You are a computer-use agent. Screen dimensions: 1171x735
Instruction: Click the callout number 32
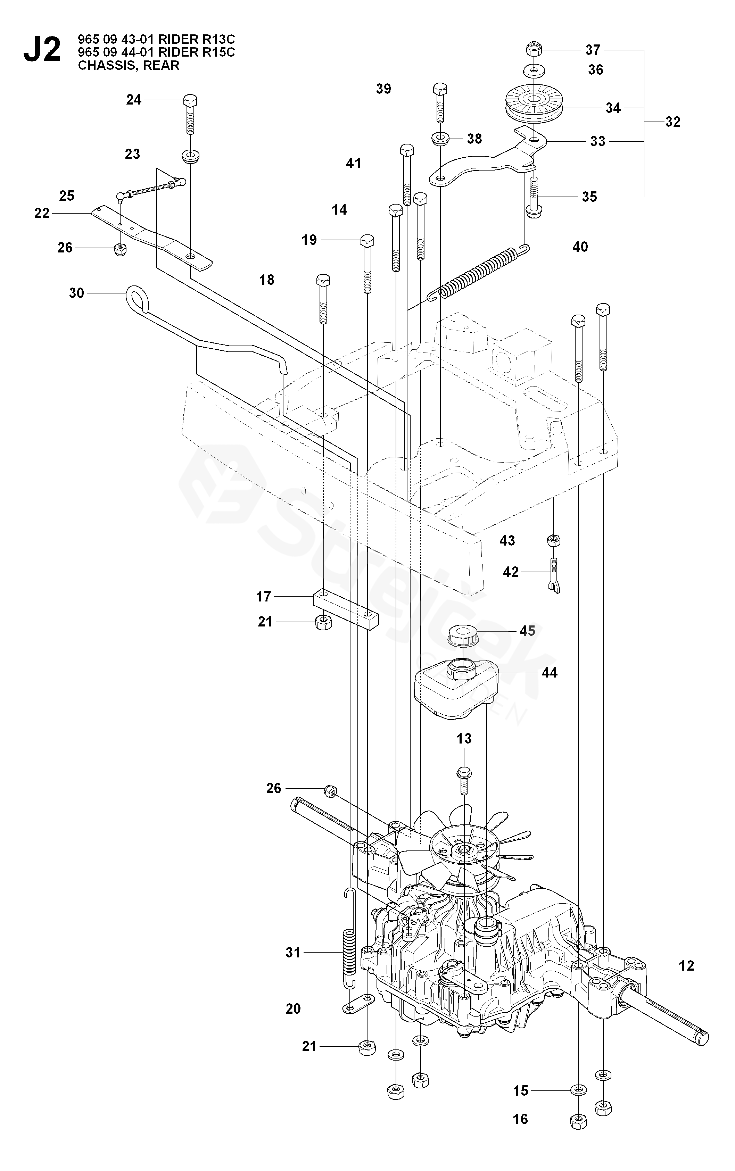tap(673, 122)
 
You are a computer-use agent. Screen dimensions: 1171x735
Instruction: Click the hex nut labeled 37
tap(533, 50)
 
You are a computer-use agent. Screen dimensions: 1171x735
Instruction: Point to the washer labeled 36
tap(533, 70)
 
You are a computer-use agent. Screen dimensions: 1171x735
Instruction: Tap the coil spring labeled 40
tap(479, 273)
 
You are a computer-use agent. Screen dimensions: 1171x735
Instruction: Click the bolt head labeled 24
tap(190, 101)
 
